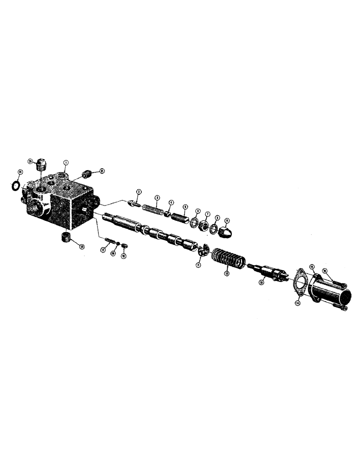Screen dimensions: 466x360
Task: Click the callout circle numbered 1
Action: pyautogui.click(x=66, y=163)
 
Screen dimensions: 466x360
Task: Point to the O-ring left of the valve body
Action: pyautogui.click(x=15, y=186)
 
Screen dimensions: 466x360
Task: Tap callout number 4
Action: pyautogui.click(x=171, y=203)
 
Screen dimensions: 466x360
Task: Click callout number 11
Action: pyautogui.click(x=198, y=265)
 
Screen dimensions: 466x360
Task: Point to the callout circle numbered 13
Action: pyautogui.click(x=261, y=281)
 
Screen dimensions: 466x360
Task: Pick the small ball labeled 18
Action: pyautogui.click(x=119, y=244)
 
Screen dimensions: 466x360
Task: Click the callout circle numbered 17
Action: pyautogui.click(x=102, y=250)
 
